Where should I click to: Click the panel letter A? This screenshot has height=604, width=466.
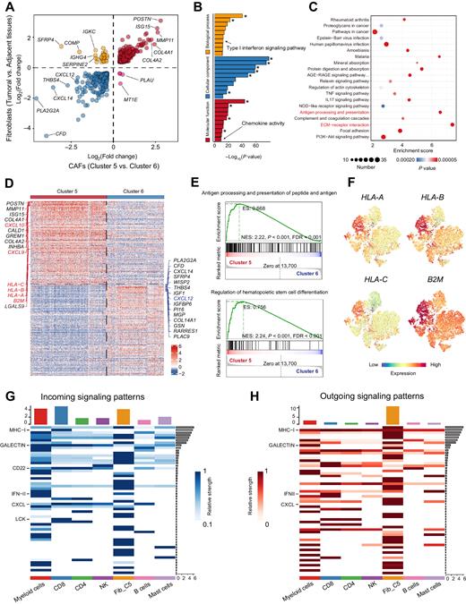pyautogui.click(x=8, y=7)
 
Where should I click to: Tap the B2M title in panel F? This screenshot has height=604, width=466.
pyautogui.click(x=430, y=282)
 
